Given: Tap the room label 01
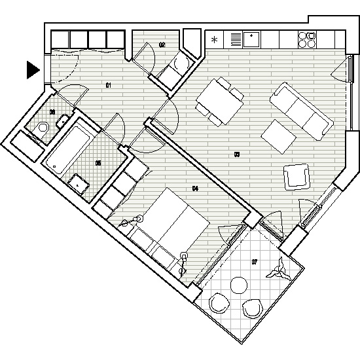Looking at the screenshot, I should point(110,85).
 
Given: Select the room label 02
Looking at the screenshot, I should point(162,45).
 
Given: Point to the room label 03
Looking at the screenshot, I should point(236,155).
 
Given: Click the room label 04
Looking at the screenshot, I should point(194,189).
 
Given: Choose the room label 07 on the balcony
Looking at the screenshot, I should point(255,262).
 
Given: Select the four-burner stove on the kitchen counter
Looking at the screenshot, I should point(306,40).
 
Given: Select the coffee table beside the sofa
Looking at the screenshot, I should point(279,135).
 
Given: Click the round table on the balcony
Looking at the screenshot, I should point(238,286).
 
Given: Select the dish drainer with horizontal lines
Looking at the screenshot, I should point(234,40).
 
